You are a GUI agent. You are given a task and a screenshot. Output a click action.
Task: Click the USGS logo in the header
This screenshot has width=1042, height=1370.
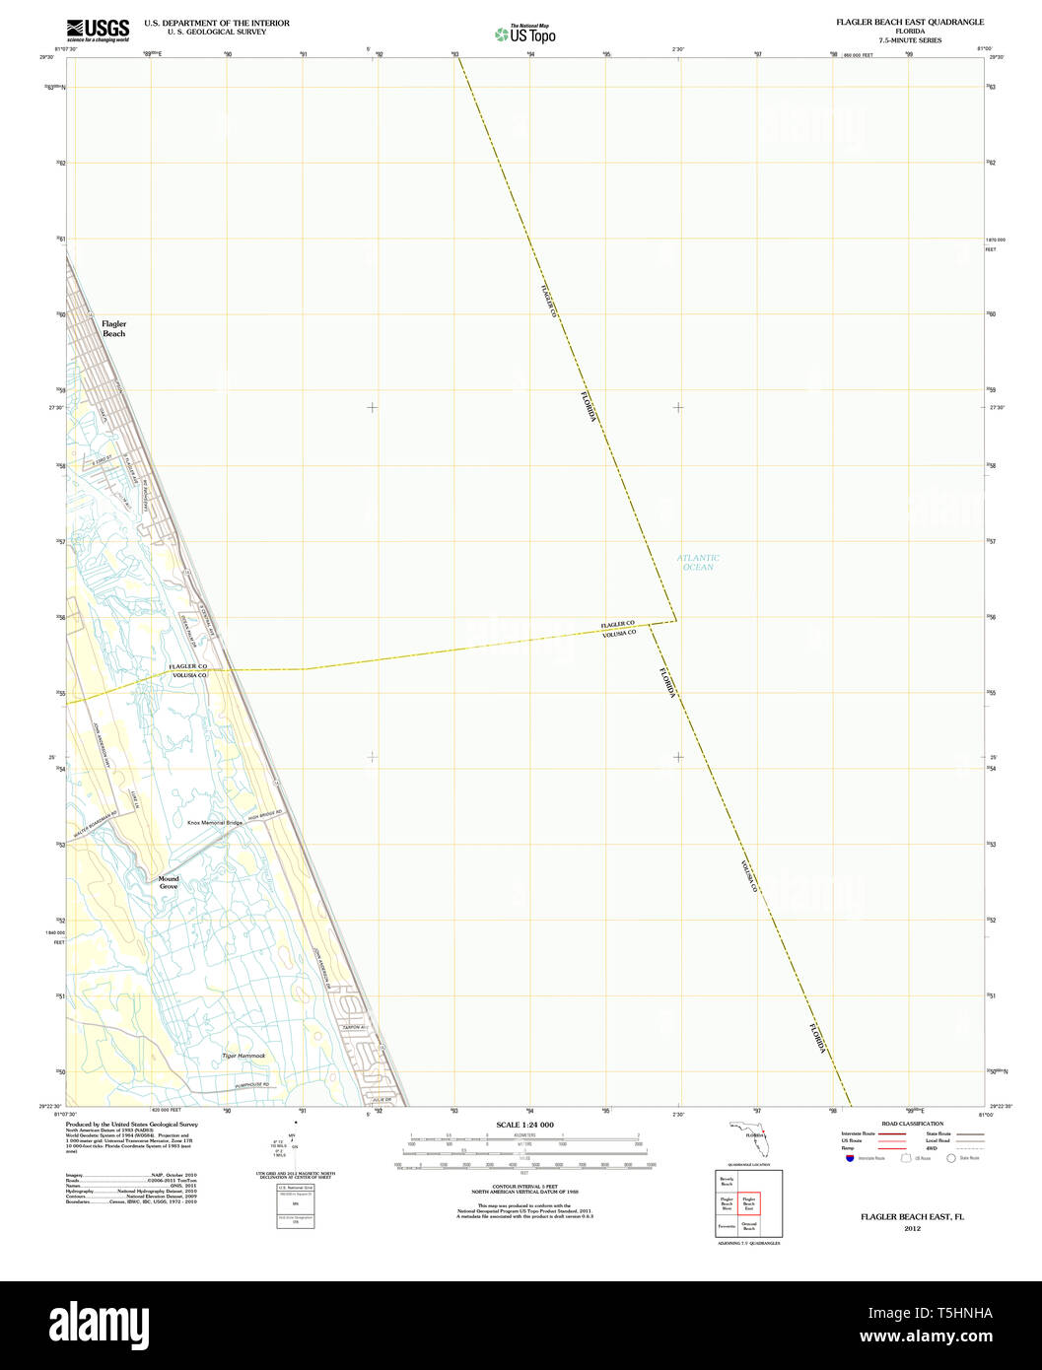(x=98, y=30)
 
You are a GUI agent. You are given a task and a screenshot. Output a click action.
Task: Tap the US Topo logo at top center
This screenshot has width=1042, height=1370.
(x=525, y=34)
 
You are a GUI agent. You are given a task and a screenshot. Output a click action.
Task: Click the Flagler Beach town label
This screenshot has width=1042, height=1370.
(x=114, y=328)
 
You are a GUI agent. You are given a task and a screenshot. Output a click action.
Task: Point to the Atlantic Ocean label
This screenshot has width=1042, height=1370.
(x=698, y=562)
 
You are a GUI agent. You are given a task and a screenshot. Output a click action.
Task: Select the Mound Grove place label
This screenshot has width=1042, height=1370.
(x=169, y=882)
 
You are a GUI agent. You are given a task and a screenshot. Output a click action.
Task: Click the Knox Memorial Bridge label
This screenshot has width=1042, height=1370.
(x=215, y=823)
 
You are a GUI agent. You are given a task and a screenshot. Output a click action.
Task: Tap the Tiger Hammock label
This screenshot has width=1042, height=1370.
(x=243, y=1056)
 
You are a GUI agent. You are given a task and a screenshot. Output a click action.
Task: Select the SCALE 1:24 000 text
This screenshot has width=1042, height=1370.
(x=524, y=1125)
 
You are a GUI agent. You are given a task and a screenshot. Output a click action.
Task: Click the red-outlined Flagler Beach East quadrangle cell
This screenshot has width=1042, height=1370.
(x=748, y=1203)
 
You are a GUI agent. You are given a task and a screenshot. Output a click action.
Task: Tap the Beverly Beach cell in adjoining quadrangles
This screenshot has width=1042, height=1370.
(x=727, y=1181)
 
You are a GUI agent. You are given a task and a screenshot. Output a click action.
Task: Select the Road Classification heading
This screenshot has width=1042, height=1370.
(x=912, y=1124)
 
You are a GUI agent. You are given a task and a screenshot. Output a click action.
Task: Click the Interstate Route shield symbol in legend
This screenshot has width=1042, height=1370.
(x=850, y=1158)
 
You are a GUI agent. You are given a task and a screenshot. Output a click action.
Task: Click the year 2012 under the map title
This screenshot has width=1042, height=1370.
(x=912, y=1228)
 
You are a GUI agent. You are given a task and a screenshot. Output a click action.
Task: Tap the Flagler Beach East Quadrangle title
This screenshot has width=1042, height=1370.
(x=909, y=22)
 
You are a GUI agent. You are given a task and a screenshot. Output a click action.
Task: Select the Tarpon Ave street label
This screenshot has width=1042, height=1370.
(x=355, y=1028)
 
